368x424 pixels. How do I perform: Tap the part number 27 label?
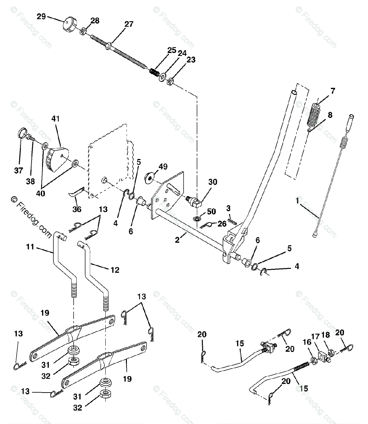129,24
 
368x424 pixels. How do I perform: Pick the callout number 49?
163,167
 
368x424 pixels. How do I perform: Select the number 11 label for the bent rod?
30,247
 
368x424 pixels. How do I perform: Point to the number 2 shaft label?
177,240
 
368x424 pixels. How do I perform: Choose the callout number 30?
212,182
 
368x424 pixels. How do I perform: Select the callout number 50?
211,211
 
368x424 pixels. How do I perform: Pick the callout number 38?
30,181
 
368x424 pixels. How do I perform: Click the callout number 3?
228,208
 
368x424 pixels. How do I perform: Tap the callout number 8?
330,115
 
